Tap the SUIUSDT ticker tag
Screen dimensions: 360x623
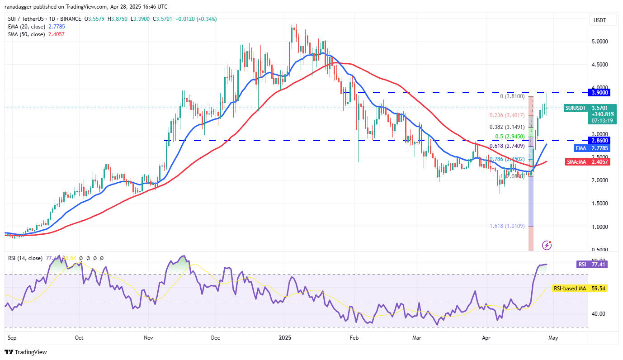click(576, 108)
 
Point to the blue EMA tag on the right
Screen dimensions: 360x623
click(581, 148)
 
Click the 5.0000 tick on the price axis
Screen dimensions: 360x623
click(599, 42)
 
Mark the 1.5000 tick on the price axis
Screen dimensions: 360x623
click(599, 204)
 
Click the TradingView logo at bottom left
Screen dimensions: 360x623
click(26, 352)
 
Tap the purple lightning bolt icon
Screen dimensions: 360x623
click(547, 245)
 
